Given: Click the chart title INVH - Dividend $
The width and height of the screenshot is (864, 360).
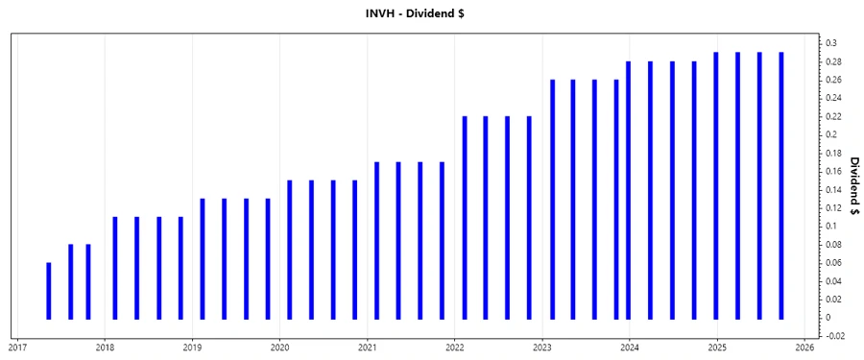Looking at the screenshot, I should pyautogui.click(x=431, y=13).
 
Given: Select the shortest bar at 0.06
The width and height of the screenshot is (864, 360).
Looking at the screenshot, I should pyautogui.click(x=48, y=290).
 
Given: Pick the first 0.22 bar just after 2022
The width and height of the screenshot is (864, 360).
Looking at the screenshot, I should pyautogui.click(x=465, y=217).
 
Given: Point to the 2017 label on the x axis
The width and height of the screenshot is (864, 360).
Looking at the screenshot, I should pyautogui.click(x=17, y=348).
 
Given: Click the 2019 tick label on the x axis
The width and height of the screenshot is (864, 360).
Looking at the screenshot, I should pyautogui.click(x=192, y=348).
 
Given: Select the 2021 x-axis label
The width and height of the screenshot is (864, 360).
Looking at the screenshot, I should pyautogui.click(x=367, y=348).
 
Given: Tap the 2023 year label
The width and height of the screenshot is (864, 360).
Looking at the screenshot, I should pyautogui.click(x=542, y=348).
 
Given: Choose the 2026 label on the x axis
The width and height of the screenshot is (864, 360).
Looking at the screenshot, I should pyautogui.click(x=804, y=348).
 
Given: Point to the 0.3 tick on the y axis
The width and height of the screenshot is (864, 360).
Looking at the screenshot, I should pyautogui.click(x=831, y=43).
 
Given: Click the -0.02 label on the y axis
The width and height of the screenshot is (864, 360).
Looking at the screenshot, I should pyautogui.click(x=835, y=335).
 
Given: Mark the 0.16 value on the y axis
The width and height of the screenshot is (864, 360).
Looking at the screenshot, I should pyautogui.click(x=833, y=171).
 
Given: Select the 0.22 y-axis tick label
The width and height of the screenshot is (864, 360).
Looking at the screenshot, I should pyautogui.click(x=833, y=116).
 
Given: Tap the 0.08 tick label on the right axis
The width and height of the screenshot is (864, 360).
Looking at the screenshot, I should pyautogui.click(x=833, y=244).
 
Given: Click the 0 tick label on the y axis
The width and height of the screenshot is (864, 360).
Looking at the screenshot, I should pyautogui.click(x=828, y=317).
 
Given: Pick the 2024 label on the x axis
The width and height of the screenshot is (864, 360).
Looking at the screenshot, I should pyautogui.click(x=630, y=348).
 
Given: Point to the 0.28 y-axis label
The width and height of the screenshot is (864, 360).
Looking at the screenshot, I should pyautogui.click(x=833, y=61).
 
